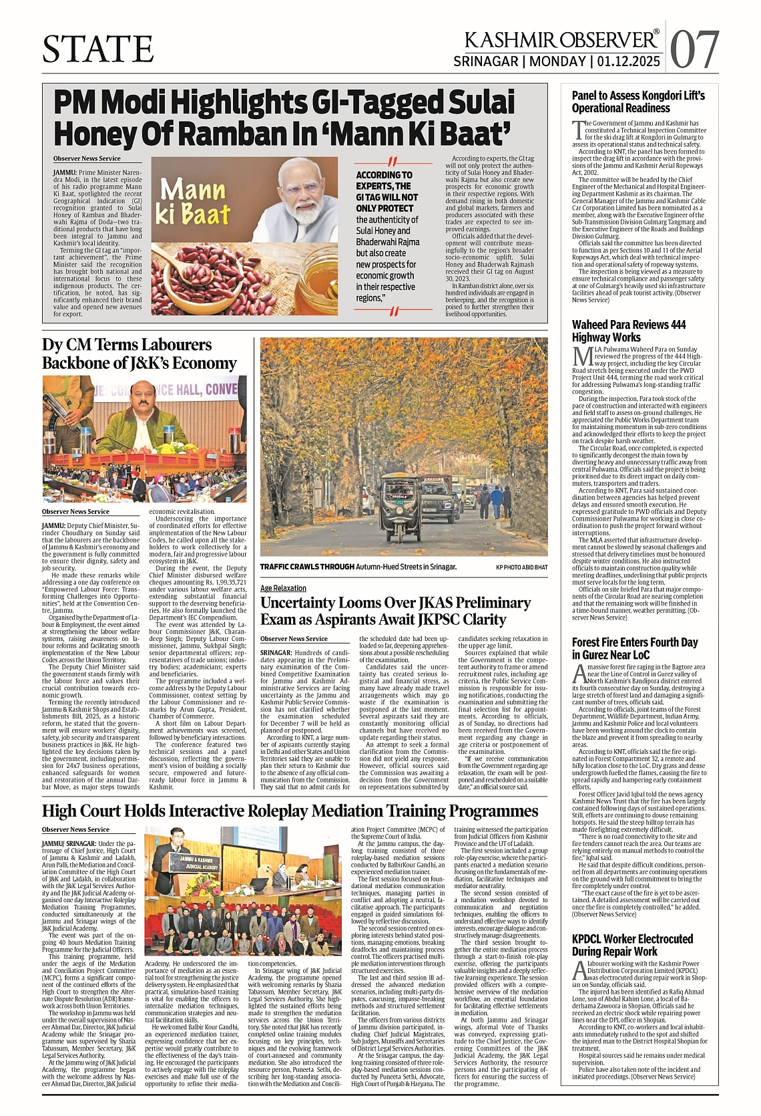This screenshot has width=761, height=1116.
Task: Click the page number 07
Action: [x=694, y=49]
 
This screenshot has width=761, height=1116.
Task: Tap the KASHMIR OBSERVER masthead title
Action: [x=561, y=40]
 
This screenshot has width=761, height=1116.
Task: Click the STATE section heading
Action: [x=98, y=49]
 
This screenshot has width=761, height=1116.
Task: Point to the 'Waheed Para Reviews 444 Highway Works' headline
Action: [x=628, y=331]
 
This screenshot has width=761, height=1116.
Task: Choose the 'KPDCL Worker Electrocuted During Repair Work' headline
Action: [x=632, y=945]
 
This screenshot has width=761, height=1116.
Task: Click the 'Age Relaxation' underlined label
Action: [x=283, y=588]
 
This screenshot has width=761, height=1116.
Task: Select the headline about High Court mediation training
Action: [x=290, y=811]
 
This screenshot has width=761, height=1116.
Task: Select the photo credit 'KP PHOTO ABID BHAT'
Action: [x=521, y=567]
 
